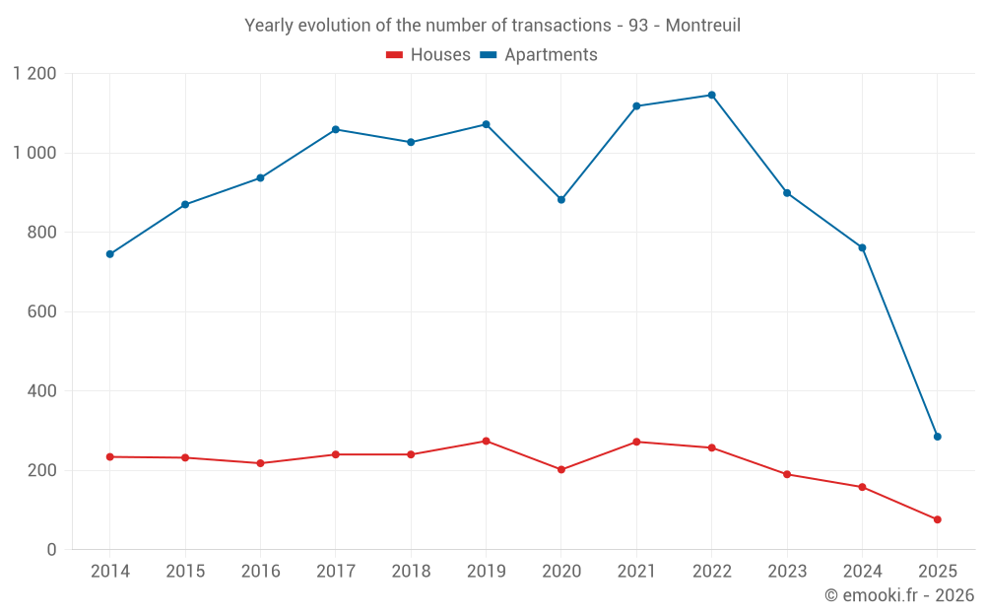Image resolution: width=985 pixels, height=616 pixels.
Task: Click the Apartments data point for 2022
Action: [711, 96]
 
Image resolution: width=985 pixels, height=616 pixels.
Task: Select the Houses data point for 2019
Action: [486, 441]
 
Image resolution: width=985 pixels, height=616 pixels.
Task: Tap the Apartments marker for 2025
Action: [937, 437]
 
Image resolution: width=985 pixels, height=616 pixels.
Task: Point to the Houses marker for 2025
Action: [937, 519]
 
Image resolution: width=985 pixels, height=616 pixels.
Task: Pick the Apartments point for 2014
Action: [109, 254]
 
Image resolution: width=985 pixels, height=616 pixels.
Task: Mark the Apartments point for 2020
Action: [561, 199]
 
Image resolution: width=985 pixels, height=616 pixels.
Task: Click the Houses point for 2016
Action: [260, 463]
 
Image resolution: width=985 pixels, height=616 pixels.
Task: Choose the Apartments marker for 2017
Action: [336, 129]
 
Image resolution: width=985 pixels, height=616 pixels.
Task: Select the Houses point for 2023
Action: [787, 474]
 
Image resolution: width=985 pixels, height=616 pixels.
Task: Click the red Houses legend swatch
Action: [394, 55]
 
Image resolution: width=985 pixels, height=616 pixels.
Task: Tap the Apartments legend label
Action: [551, 55]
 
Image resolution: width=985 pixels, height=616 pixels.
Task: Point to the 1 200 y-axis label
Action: [35, 74]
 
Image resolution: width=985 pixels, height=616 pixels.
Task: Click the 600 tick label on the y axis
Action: [43, 311]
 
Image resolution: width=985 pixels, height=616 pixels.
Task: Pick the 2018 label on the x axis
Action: [411, 572]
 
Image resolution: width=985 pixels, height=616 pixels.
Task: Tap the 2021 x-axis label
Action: [636, 572]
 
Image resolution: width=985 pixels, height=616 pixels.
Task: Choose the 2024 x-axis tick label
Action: [862, 572]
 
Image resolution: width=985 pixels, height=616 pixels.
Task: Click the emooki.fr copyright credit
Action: [899, 595]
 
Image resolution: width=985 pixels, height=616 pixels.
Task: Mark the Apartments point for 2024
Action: [862, 247]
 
